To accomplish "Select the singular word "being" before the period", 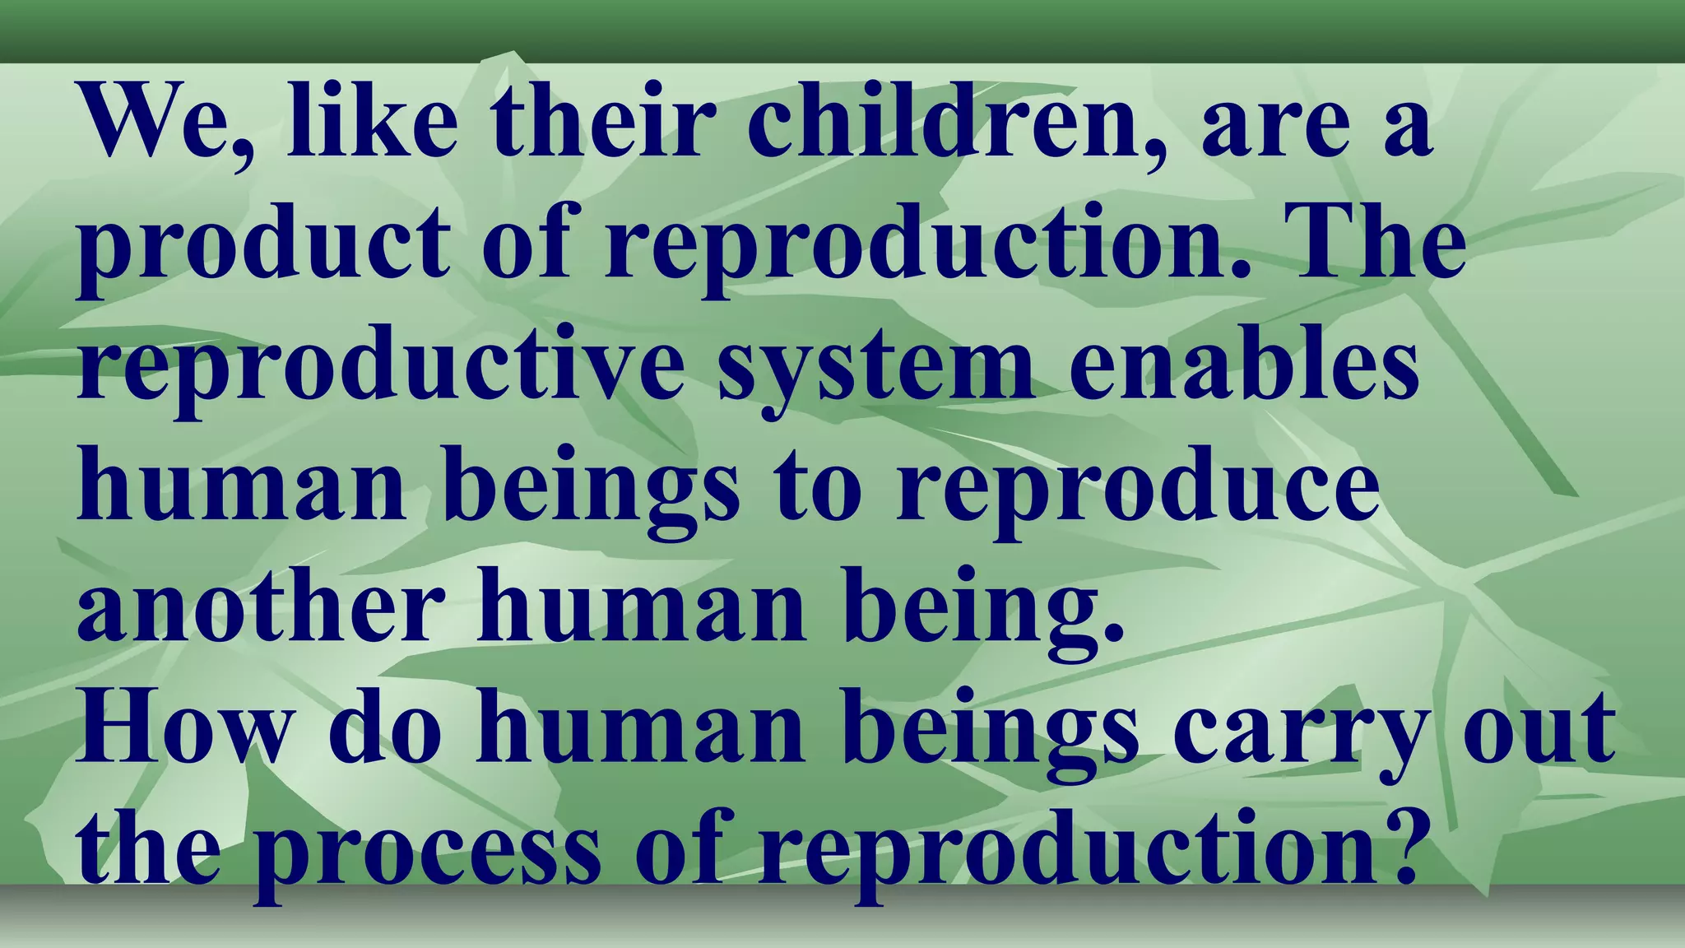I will (971, 609).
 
